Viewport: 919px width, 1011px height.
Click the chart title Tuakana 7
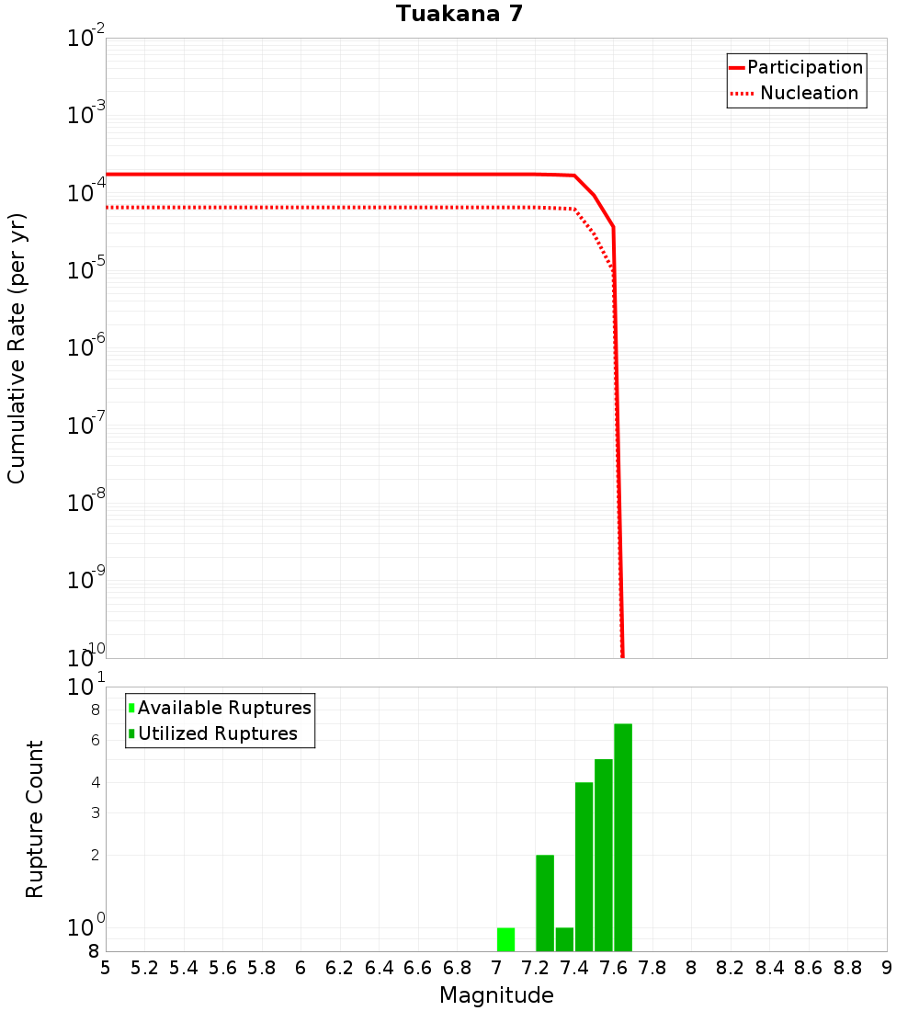point(459,14)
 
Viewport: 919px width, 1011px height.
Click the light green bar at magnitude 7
point(505,939)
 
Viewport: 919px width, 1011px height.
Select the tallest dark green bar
point(623,836)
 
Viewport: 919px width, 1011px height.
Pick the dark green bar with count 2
point(545,903)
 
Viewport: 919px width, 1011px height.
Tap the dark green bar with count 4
point(584,866)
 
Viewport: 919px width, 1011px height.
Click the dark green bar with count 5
point(604,855)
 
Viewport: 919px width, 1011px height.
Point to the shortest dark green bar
point(564,939)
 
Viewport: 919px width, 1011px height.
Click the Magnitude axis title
point(496,995)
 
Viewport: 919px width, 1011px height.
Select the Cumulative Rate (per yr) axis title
point(17,347)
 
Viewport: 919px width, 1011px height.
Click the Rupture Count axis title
point(35,819)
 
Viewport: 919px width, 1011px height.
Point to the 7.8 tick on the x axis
point(652,968)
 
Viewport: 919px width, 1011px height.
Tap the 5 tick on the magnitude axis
point(106,968)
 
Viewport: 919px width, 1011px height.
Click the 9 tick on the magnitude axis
point(887,968)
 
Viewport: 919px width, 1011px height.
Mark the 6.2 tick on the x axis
point(340,968)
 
